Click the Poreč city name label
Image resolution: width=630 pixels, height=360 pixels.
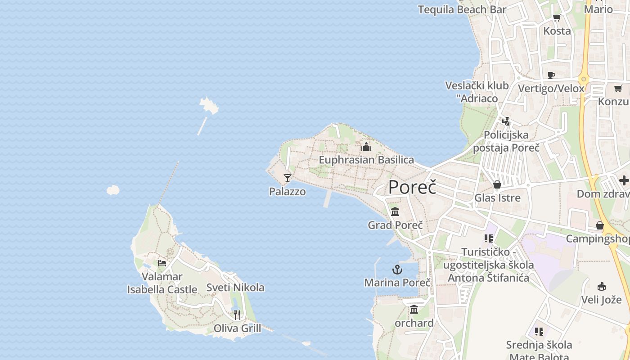point(412,187)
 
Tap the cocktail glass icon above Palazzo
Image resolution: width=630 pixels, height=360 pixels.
point(288,178)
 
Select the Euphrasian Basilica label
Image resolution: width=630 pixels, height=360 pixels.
point(366,160)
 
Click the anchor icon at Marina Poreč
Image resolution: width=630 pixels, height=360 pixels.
point(397,270)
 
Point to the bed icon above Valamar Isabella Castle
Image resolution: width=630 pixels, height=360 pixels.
point(162,263)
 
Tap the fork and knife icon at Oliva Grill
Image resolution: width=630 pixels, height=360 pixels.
point(237,315)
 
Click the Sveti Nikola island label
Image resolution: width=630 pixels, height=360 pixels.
point(235,288)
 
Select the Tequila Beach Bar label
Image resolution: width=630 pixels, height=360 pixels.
point(462,9)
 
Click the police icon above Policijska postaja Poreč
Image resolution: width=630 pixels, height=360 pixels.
point(506,121)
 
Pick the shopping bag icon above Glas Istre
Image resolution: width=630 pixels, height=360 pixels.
point(497,184)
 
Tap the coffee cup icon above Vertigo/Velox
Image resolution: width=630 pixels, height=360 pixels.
point(551,75)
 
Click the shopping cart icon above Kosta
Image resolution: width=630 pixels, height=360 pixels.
point(557,18)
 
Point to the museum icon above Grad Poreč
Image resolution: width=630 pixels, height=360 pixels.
point(395,211)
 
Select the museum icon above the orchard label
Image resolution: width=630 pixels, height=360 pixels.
point(414,310)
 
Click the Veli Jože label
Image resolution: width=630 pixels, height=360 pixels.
point(601,300)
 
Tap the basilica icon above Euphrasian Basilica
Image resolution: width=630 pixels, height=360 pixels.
point(366,147)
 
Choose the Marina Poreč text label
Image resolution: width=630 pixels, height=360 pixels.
point(397,283)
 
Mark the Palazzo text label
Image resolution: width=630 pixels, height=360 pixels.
point(288,192)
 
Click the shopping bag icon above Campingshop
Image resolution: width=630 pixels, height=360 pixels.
point(600,225)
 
